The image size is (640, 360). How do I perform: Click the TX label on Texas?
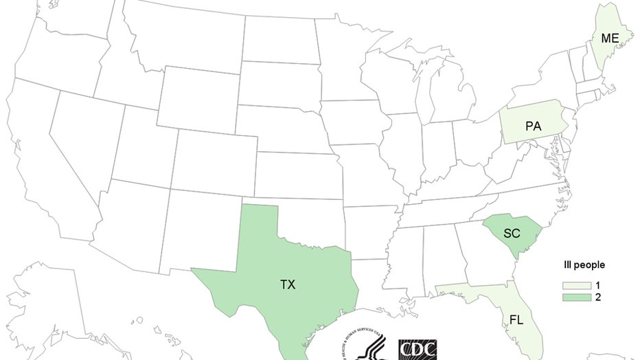coord(288,284)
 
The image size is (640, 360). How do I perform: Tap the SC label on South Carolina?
coord(512,234)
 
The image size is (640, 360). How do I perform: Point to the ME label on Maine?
coord(610,38)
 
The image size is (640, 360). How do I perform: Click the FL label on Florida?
coord(516,320)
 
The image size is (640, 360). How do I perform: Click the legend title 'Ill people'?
coord(580,265)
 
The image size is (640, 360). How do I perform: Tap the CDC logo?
coord(417,348)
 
